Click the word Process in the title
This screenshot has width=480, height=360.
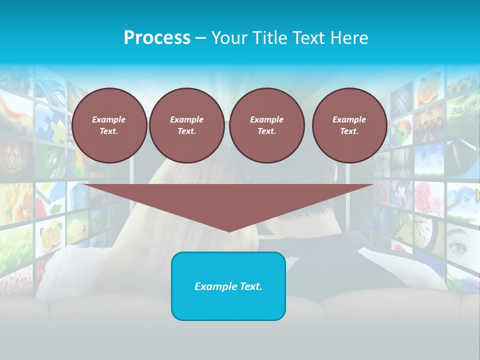coord(157,38)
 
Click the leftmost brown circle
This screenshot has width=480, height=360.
coord(109,125)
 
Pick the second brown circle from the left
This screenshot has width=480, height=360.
coord(187,125)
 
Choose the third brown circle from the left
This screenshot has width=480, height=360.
coord(267,125)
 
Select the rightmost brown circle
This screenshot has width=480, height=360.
coord(349,125)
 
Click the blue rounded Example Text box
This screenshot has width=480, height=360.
coord(228,286)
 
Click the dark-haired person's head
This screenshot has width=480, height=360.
coord(300,210)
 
